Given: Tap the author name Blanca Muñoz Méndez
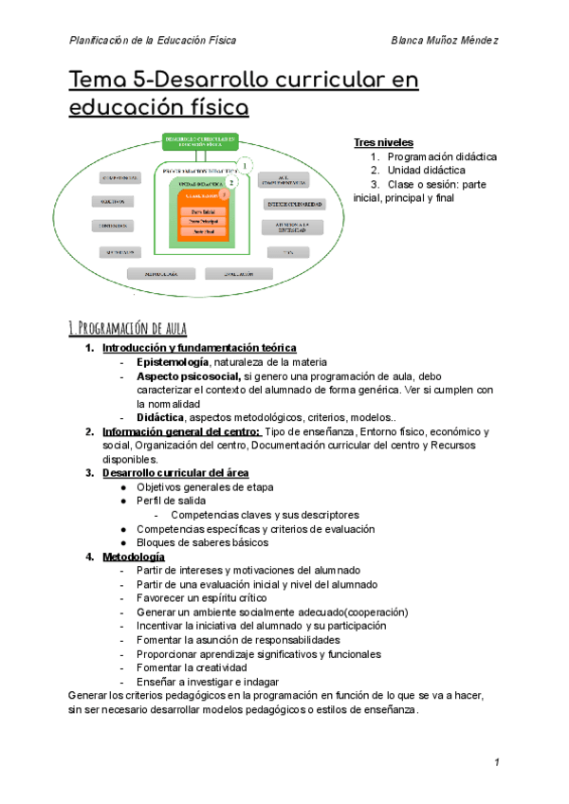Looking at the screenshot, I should (445, 40).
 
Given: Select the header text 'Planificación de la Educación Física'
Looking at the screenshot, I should (153, 40).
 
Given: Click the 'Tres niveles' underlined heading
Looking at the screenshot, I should (383, 142).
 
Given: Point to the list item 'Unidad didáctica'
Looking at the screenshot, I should (426, 171).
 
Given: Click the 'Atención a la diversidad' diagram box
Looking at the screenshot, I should (293, 227).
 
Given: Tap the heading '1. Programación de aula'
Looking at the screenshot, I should (128, 328).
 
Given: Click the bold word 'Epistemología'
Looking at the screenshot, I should (173, 362).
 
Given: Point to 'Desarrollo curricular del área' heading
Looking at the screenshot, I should (176, 473).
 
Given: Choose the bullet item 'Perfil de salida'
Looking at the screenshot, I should (171, 501).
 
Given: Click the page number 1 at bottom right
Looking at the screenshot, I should (496, 763).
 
